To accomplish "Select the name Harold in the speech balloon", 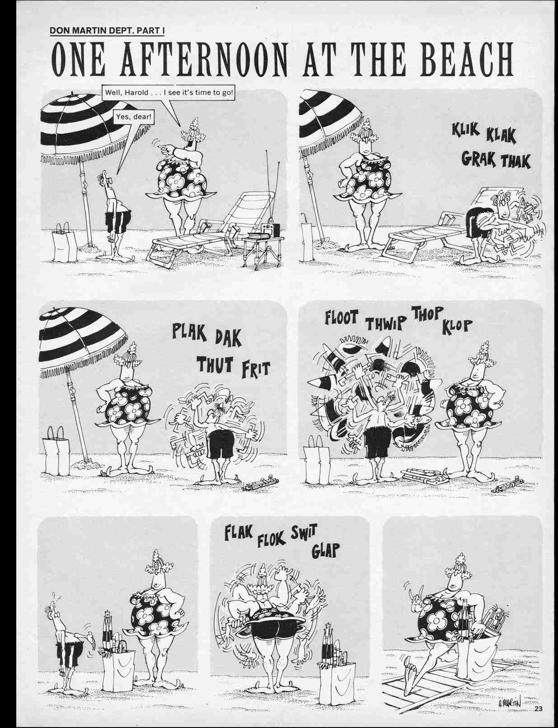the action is pyautogui.click(x=136, y=93).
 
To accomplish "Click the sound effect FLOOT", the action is pyautogui.click(x=341, y=317).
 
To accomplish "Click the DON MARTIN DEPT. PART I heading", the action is pyautogui.click(x=107, y=31).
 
